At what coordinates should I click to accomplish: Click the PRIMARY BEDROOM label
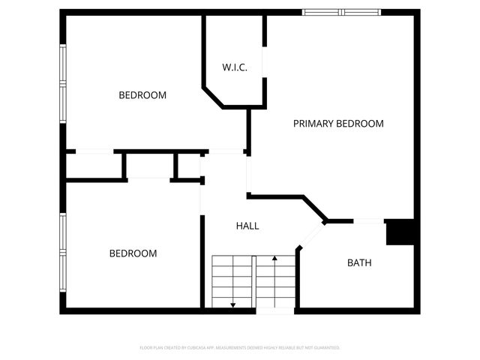click(338, 124)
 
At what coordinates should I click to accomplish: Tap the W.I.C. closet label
click(234, 67)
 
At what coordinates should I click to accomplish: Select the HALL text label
click(247, 225)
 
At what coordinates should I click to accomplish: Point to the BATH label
click(358, 262)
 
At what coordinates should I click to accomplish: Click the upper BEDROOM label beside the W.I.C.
click(142, 95)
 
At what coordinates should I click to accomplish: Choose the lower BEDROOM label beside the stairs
click(133, 253)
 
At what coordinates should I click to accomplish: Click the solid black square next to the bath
click(400, 232)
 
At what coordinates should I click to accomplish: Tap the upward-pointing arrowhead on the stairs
click(275, 259)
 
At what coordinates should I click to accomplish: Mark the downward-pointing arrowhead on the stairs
click(233, 304)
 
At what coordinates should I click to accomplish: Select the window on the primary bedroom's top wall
click(341, 12)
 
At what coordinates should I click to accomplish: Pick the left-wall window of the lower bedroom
click(63, 253)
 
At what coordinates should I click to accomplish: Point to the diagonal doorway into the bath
click(312, 235)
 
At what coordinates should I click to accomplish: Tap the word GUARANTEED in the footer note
click(327, 348)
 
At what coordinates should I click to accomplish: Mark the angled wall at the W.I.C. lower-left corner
click(212, 97)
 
